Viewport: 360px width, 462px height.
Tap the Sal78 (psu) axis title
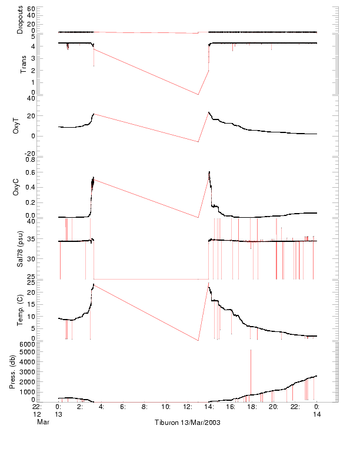[19, 250]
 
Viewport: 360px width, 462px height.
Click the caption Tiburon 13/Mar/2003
[187, 423]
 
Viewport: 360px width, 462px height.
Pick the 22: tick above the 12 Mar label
[36, 406]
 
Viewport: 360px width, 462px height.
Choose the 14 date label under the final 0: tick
[316, 414]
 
